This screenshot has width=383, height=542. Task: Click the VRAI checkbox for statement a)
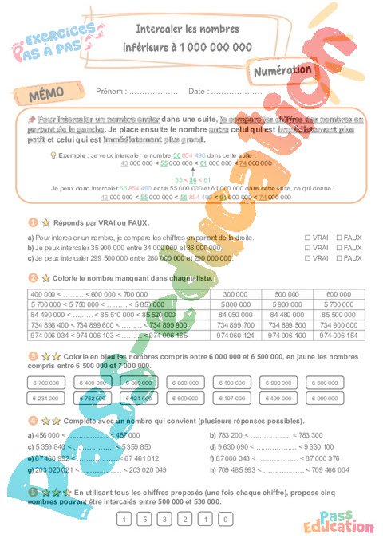pos(308,238)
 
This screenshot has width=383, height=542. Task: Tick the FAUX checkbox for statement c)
pos(338,258)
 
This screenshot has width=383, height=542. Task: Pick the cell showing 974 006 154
pos(338,336)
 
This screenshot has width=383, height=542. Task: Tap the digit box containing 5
pos(144,520)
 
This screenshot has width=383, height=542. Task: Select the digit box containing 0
pos(227,520)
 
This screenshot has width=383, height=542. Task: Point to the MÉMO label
pos(47,93)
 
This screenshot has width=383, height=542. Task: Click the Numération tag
pos(281,71)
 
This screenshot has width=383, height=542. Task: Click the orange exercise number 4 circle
pos(33,420)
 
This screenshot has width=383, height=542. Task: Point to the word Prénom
pos(110,92)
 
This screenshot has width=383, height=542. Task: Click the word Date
pos(197,92)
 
